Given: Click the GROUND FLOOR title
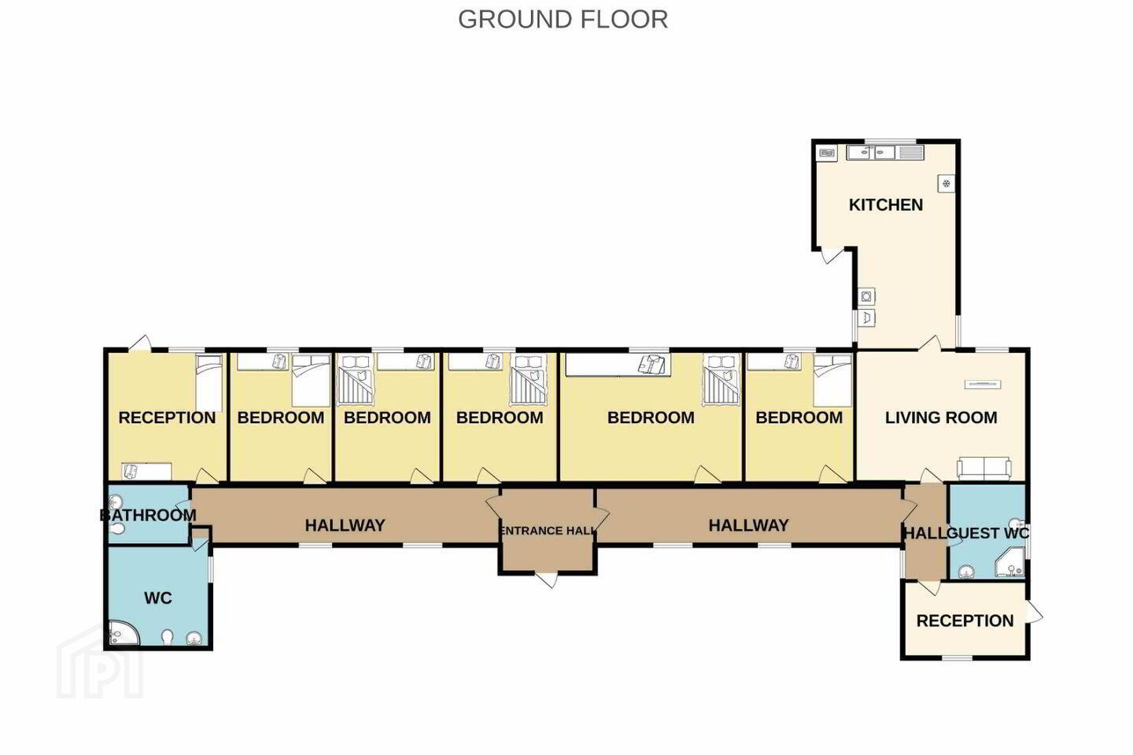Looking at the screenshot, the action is [x=563, y=20].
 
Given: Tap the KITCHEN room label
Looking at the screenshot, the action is [x=886, y=204].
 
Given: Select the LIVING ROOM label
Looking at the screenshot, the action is [x=941, y=418].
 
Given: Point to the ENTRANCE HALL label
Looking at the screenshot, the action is [x=547, y=531].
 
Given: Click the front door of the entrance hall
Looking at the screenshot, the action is [x=547, y=580].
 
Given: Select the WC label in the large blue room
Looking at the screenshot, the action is [x=158, y=598].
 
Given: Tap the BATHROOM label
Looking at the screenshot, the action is [x=148, y=515].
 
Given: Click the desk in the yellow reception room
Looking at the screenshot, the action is [x=146, y=471].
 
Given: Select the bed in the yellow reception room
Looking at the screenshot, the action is [x=209, y=383].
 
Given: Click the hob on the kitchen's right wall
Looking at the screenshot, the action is [x=947, y=183].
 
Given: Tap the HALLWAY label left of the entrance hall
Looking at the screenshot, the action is [x=345, y=525].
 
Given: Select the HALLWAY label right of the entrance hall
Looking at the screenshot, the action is [x=748, y=525].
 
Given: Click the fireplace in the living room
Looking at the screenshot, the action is [x=983, y=385].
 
